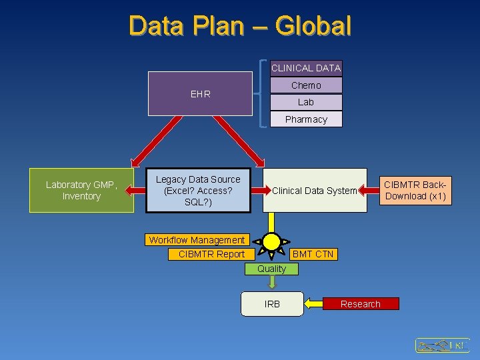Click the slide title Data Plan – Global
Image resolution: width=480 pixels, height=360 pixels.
click(x=240, y=26)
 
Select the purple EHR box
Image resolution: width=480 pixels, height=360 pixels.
click(x=200, y=94)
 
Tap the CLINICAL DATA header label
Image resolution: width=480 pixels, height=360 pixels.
click(x=305, y=68)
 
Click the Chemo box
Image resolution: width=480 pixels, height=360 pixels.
click(x=306, y=85)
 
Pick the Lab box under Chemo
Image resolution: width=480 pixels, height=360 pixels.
click(x=306, y=102)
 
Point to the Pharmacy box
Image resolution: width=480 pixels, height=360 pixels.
click(x=306, y=119)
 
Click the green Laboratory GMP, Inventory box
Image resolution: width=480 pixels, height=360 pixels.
click(x=81, y=191)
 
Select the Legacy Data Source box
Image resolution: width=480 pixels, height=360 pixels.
click(x=198, y=191)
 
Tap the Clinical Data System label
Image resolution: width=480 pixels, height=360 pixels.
click(x=315, y=191)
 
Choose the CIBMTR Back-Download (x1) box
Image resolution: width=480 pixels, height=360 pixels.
click(x=415, y=190)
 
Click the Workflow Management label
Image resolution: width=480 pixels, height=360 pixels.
click(x=197, y=240)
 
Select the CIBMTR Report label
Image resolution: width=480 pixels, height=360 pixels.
click(x=211, y=254)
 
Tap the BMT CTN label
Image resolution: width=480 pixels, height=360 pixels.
click(x=313, y=254)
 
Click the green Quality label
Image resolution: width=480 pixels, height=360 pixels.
click(x=272, y=269)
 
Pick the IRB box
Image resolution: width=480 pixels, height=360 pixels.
click(x=272, y=304)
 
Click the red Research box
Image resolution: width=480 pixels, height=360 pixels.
click(x=361, y=304)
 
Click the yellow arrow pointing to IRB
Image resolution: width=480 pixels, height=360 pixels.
click(x=313, y=305)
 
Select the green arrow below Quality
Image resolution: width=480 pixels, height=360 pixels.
click(x=272, y=283)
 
